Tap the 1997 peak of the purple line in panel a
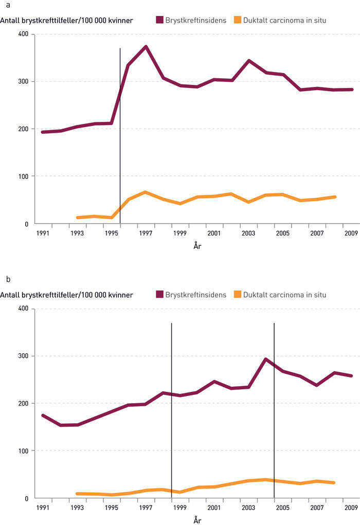146,47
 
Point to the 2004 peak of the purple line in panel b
265,359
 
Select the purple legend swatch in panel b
159,295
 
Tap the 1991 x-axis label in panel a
43,233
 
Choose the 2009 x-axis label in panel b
352,508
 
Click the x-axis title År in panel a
197,246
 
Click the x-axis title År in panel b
197,520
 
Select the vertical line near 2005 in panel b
274,411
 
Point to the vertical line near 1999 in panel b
171,411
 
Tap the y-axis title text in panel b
67,295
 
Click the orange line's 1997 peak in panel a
146,192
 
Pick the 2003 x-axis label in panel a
249,233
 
